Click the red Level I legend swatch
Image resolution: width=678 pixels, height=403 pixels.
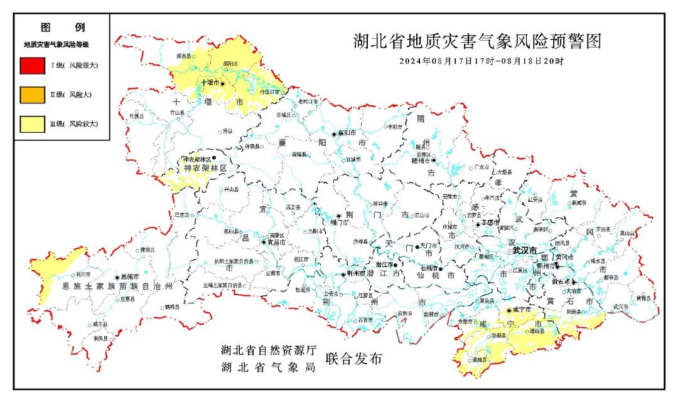tap(32, 65)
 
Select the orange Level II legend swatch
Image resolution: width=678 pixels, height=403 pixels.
tap(32, 95)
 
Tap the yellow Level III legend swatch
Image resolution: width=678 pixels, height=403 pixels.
tap(32, 124)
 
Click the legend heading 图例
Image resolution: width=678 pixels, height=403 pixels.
tap(62, 28)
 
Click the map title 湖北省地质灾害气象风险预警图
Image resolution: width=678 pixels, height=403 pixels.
tap(476, 42)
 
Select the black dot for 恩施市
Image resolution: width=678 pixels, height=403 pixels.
tap(117, 277)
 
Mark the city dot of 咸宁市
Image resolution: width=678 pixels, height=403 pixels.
tap(508, 310)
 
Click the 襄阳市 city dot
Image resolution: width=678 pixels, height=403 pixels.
tap(335, 134)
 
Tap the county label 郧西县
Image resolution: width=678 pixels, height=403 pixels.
tap(183, 56)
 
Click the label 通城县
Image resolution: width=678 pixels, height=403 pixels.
tap(480, 360)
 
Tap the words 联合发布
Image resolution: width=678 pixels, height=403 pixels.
tap(353, 359)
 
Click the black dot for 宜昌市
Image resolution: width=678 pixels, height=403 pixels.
tap(264, 242)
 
